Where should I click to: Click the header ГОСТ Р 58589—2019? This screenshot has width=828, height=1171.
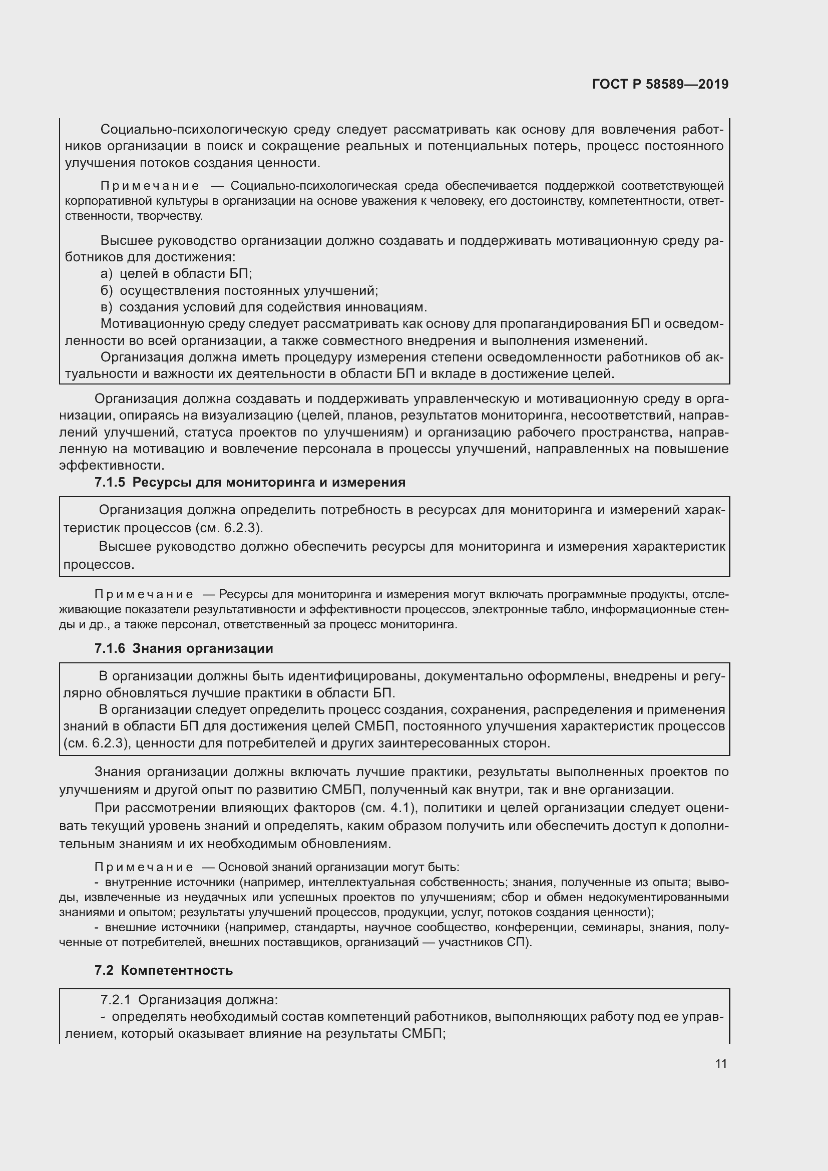tap(660, 85)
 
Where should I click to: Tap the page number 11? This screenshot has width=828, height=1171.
tap(720, 1064)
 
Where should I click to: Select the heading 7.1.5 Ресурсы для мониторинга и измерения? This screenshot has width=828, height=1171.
tap(250, 483)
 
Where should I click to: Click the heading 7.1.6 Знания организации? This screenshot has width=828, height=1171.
tap(184, 649)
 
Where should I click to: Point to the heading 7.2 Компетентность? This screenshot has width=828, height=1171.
tap(164, 971)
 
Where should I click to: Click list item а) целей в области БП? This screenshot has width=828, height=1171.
tap(176, 274)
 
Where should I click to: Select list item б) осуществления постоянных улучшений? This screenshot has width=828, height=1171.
tap(239, 291)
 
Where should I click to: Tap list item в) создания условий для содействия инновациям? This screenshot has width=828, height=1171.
tap(264, 307)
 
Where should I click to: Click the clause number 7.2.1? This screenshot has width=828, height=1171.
tap(116, 1000)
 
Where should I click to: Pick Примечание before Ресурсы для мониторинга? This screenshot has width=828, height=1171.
tap(144, 595)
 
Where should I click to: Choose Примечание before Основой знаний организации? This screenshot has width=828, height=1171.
tap(144, 868)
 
